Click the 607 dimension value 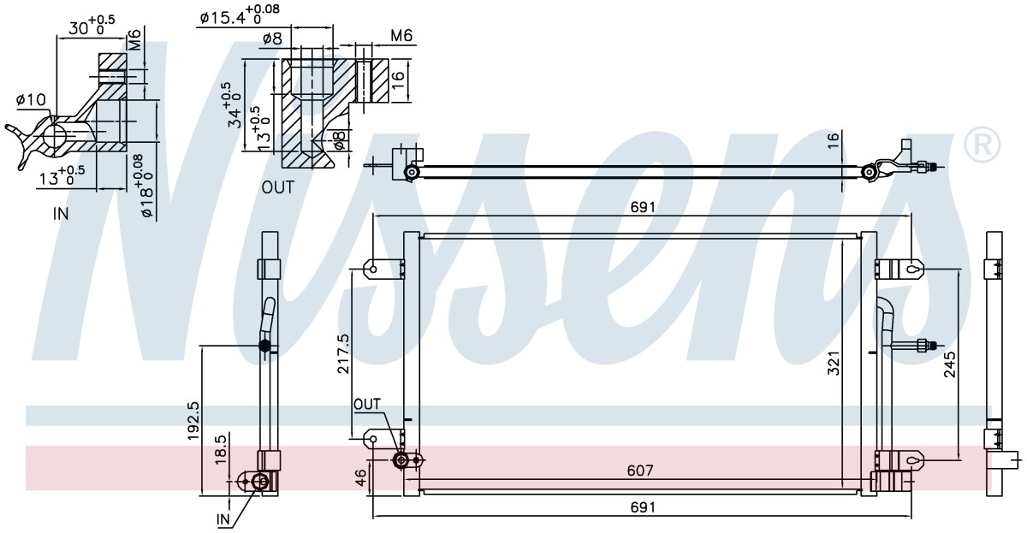pos(639,471)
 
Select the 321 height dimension pos(834,364)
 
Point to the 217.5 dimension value pos(343,353)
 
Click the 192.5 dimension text pos(193,421)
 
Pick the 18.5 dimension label pos(221,450)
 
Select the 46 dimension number pos(360,477)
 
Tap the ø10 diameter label pos(31,99)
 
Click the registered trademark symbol pos(982,145)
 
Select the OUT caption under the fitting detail pos(278,187)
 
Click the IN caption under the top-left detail pos(61,214)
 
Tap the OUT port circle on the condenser pos(401,459)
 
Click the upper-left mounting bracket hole pos(373,269)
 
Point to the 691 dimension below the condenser pos(643,506)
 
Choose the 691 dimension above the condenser pos(643,207)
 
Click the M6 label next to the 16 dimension pos(401,35)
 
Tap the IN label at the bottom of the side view pos(223,519)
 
